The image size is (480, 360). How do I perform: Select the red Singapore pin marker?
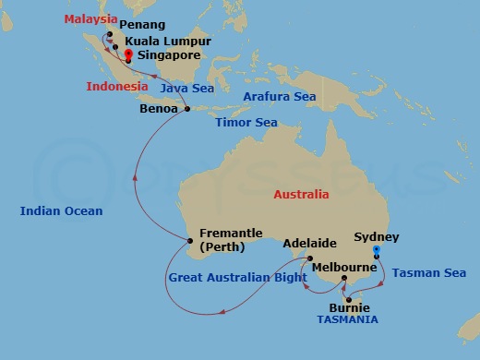[x=128, y=55]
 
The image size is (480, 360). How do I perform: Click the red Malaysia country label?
[x=91, y=19]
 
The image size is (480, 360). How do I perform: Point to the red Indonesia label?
[x=117, y=86]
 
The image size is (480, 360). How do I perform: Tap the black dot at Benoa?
[x=187, y=109]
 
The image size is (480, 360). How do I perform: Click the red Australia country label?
[x=302, y=195]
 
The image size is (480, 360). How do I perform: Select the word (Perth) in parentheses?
[x=217, y=248]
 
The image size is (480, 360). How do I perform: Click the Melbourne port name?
[x=343, y=267]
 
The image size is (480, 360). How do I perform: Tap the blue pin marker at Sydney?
[x=376, y=249]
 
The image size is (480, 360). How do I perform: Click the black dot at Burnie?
[x=349, y=299]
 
